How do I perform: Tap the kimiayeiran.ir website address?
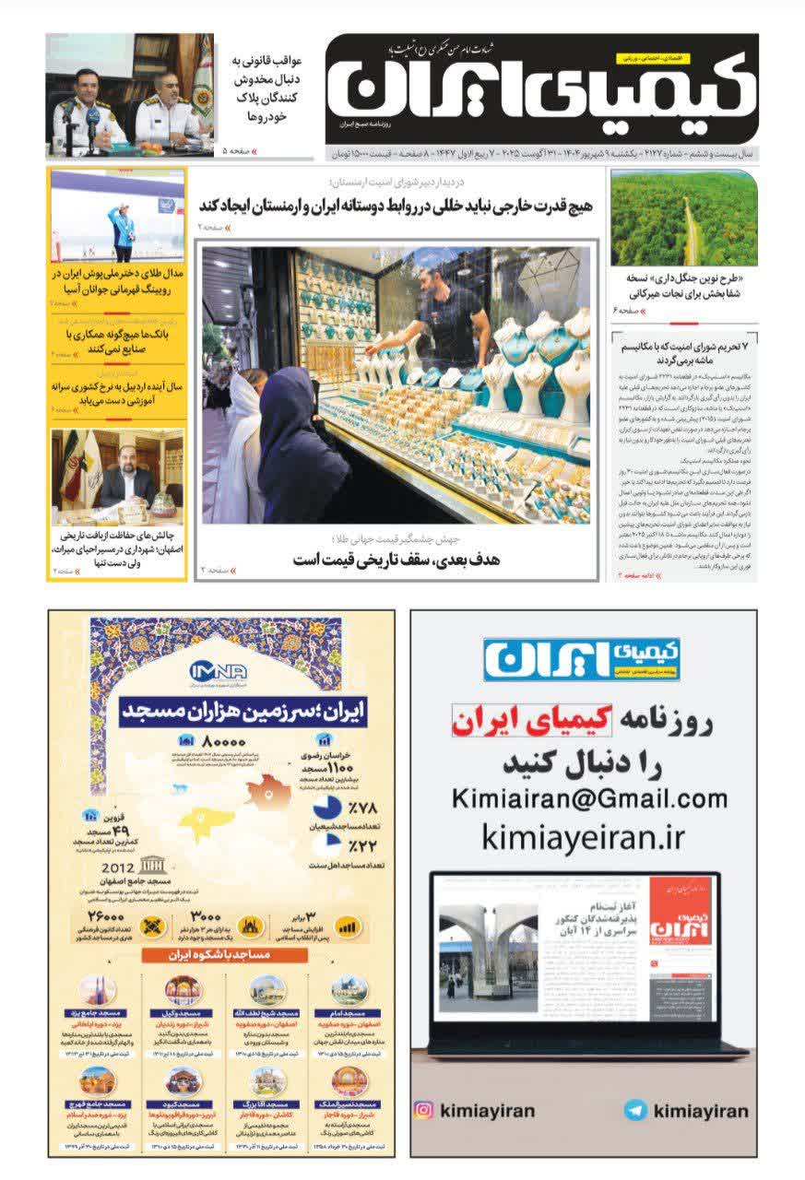pyautogui.click(x=584, y=837)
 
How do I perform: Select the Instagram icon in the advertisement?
pyautogui.click(x=424, y=1110)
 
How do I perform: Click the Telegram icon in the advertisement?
pyautogui.click(x=634, y=1110)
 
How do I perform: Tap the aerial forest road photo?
pyautogui.click(x=683, y=218)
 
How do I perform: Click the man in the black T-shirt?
pyautogui.click(x=447, y=313)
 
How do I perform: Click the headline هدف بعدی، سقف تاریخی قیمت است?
pyautogui.click(x=397, y=560)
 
